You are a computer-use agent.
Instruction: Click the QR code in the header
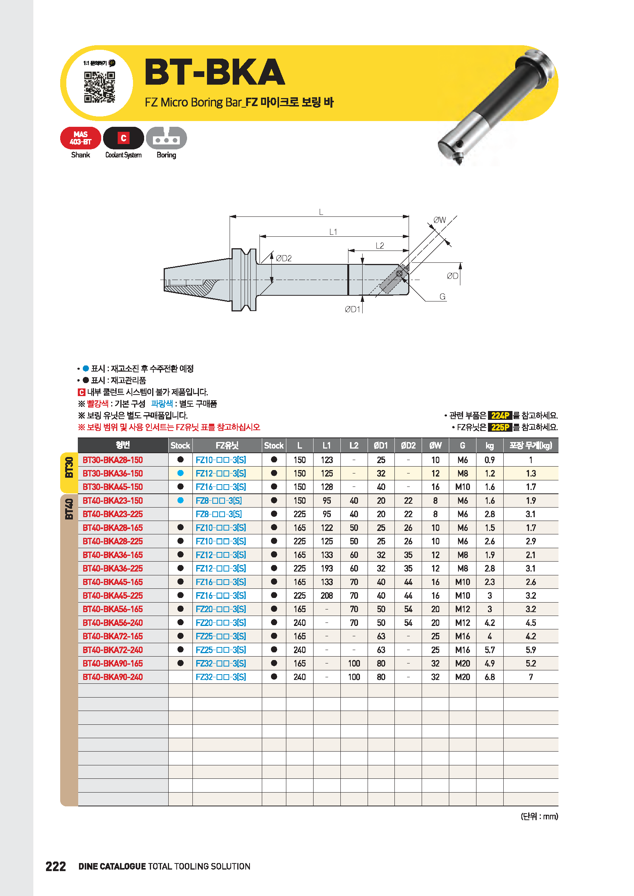100,87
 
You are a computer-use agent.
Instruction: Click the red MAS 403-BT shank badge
80,138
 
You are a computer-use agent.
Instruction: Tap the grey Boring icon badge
166,138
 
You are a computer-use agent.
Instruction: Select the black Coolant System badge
123,138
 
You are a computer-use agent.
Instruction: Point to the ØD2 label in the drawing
283,258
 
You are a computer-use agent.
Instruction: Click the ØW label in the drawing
440,220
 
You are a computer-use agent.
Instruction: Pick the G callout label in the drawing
442,296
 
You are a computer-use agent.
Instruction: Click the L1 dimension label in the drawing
333,232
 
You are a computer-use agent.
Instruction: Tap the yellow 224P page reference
500,416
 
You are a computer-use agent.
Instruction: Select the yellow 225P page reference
500,428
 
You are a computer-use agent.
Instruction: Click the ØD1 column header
381,445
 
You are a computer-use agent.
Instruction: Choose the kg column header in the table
489,445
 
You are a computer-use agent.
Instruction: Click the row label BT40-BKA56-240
113,623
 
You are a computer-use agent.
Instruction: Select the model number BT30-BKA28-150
113,460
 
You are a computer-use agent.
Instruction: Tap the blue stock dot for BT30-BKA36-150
181,473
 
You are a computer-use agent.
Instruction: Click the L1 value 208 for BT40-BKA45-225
327,596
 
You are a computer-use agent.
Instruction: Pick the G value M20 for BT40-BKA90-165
463,663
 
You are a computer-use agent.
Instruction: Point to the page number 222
56,867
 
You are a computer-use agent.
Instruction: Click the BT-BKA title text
215,72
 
